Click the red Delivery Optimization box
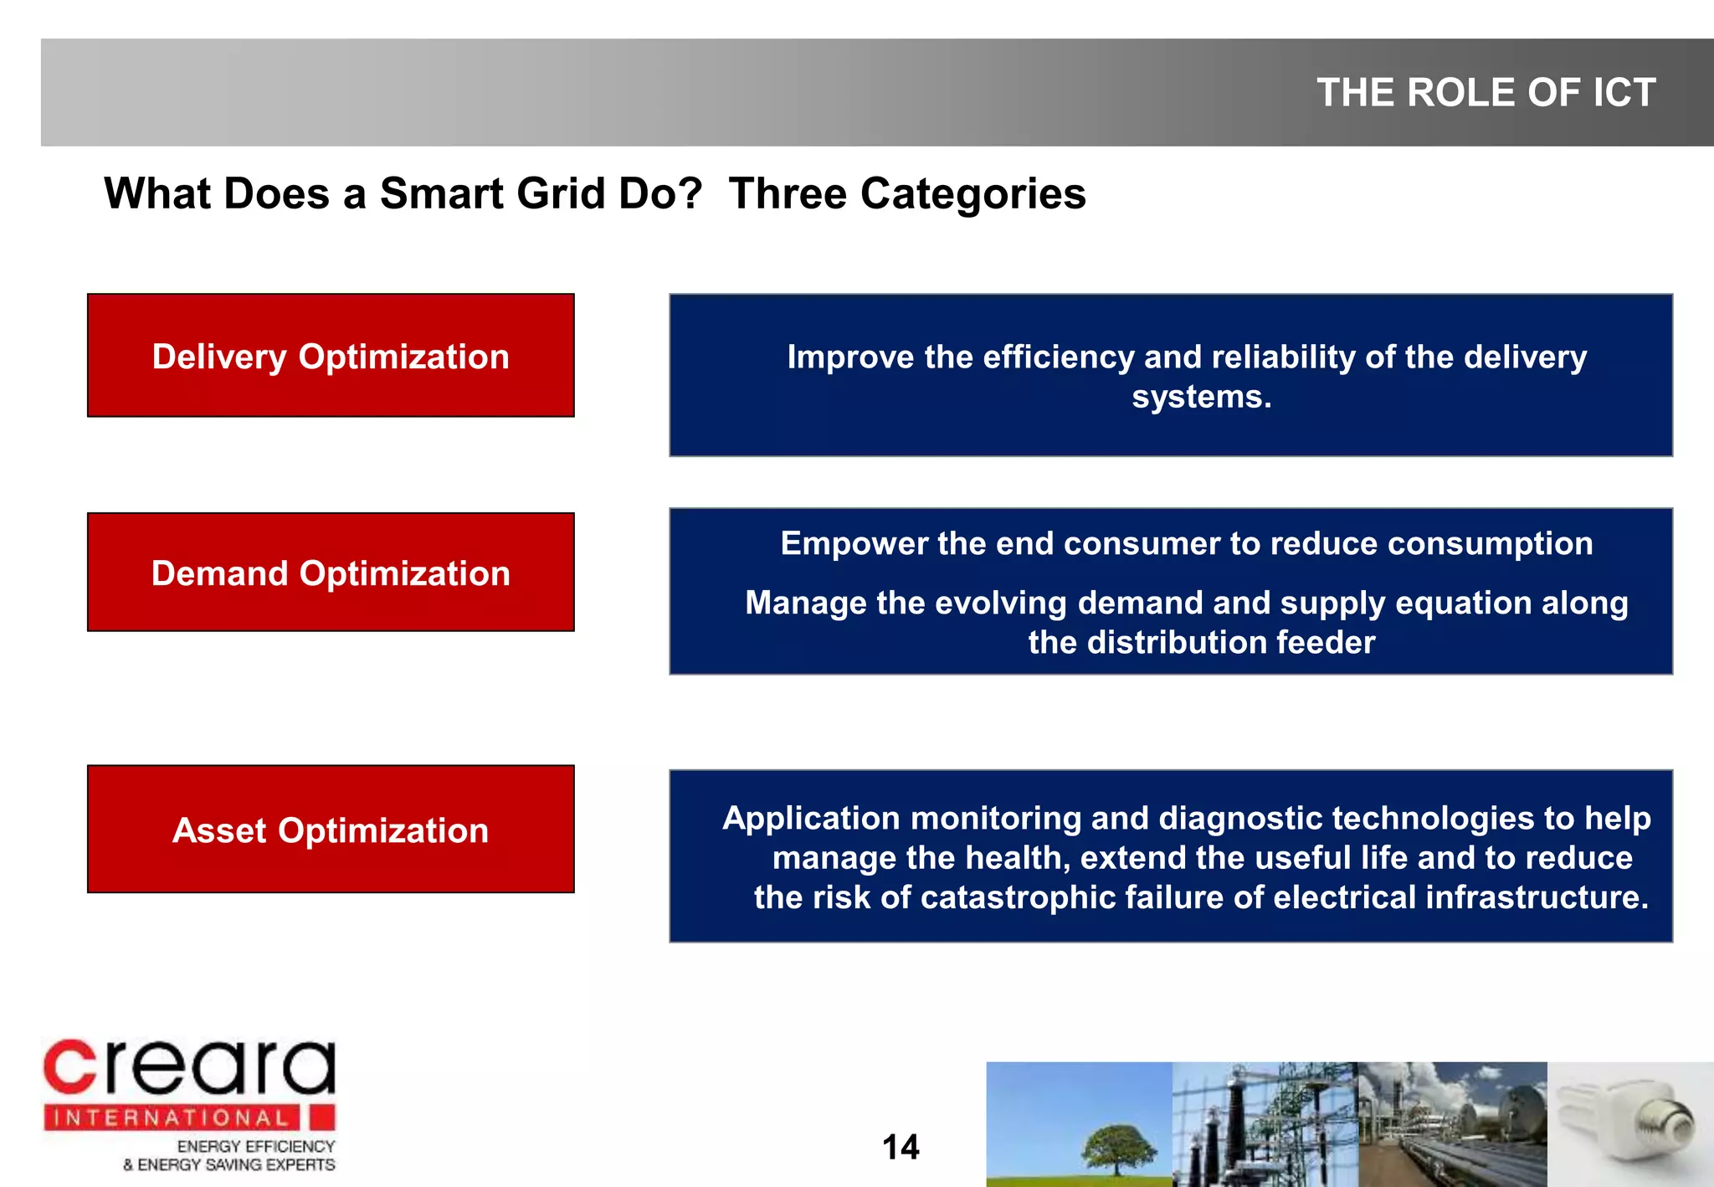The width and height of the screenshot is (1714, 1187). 331,356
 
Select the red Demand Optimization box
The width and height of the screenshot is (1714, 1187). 331,573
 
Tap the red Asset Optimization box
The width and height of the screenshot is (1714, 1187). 331,830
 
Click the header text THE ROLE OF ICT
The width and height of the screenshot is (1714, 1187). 1486,92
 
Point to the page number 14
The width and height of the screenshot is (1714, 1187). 901,1147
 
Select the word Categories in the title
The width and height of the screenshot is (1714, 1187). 972,194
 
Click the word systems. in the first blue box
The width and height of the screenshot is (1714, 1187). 1201,397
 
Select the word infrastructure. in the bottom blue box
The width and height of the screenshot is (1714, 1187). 1537,897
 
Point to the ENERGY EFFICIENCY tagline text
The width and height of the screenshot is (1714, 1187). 255,1147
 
